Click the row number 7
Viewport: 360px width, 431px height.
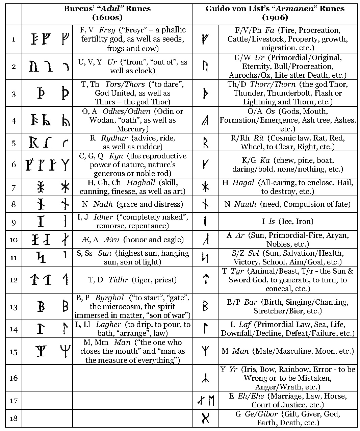14,187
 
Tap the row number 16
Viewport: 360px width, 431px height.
14,378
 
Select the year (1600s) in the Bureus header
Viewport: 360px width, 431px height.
107,17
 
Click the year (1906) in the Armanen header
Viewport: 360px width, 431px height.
275,17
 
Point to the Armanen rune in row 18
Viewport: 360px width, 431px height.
205,418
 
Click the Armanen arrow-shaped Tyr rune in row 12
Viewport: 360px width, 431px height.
205,279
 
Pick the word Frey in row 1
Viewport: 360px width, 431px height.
107,30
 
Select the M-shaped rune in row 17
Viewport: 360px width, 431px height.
211,401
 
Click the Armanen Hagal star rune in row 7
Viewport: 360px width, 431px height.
205,187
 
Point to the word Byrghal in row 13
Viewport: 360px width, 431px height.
109,298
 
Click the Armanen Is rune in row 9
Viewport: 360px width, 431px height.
205,222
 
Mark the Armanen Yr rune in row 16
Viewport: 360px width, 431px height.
205,378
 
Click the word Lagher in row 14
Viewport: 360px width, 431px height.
108,325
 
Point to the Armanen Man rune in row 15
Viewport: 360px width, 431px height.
205,351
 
